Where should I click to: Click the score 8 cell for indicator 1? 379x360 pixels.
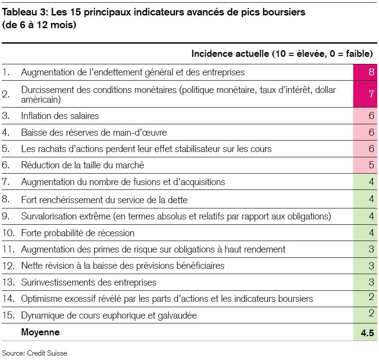coord(365,72)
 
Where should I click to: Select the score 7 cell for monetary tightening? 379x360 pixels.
coord(365,94)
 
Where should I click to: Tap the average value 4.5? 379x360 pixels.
coord(367,333)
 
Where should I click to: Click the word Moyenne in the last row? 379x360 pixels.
coord(41,332)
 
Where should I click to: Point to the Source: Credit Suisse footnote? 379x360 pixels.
coord(34,353)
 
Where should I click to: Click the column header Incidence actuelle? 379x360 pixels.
coord(230,54)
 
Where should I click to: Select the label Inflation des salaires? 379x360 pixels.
coord(60,116)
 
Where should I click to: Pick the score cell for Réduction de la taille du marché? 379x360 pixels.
coord(365,165)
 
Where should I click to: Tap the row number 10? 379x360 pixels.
coord(8,233)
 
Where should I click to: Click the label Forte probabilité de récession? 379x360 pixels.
coord(78,233)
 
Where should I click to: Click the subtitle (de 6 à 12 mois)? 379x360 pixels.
coord(39,25)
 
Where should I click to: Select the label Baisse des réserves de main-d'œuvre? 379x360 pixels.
coord(94,133)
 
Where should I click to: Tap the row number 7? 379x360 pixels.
coord(6,182)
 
